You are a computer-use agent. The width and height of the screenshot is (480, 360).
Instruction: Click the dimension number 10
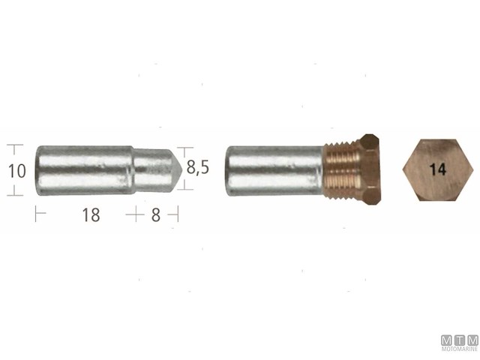click(16, 171)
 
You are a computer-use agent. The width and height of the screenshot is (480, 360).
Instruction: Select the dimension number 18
click(91, 215)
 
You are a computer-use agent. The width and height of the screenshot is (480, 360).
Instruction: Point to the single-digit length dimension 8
click(156, 215)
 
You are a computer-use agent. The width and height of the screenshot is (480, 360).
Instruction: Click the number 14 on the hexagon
click(439, 170)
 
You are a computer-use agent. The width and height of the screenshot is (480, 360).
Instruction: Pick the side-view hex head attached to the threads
click(370, 171)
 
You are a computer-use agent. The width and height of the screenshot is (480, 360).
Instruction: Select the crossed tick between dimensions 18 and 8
click(134, 215)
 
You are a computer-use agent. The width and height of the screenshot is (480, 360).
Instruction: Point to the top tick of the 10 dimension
click(14, 146)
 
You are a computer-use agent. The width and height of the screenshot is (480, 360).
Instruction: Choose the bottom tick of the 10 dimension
click(14, 195)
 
